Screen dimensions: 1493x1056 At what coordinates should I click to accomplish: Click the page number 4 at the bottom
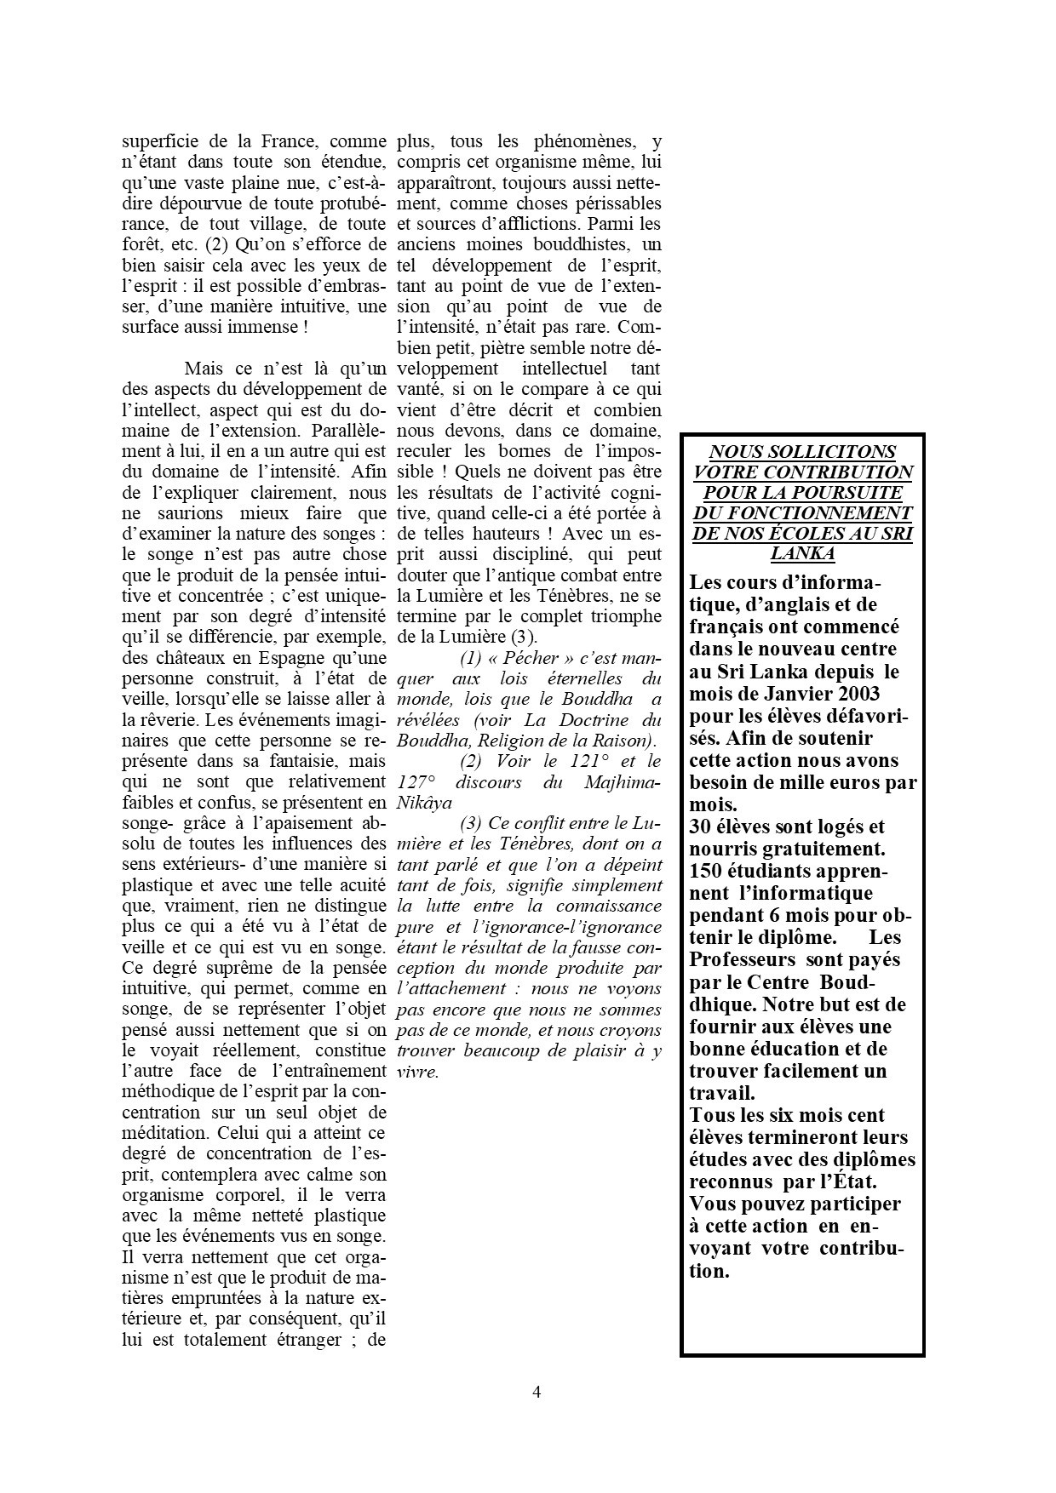(x=537, y=1393)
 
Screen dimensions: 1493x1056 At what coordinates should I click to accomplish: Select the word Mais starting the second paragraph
(x=204, y=369)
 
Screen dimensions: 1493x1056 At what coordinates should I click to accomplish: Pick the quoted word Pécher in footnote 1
(x=530, y=658)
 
